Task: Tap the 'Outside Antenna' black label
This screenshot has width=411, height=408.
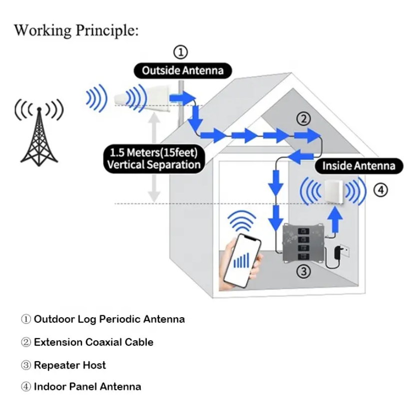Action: click(182, 70)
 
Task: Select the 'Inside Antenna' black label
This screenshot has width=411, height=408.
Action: click(358, 166)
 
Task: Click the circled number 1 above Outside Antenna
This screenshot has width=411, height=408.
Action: click(180, 52)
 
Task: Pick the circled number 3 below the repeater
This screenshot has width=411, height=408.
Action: click(304, 271)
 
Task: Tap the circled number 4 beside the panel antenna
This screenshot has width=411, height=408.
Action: click(381, 190)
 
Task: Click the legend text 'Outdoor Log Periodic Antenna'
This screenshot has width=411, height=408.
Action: click(109, 319)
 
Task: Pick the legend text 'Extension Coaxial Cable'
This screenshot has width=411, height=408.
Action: click(93, 342)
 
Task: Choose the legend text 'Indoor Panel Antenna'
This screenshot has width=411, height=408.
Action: click(87, 387)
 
